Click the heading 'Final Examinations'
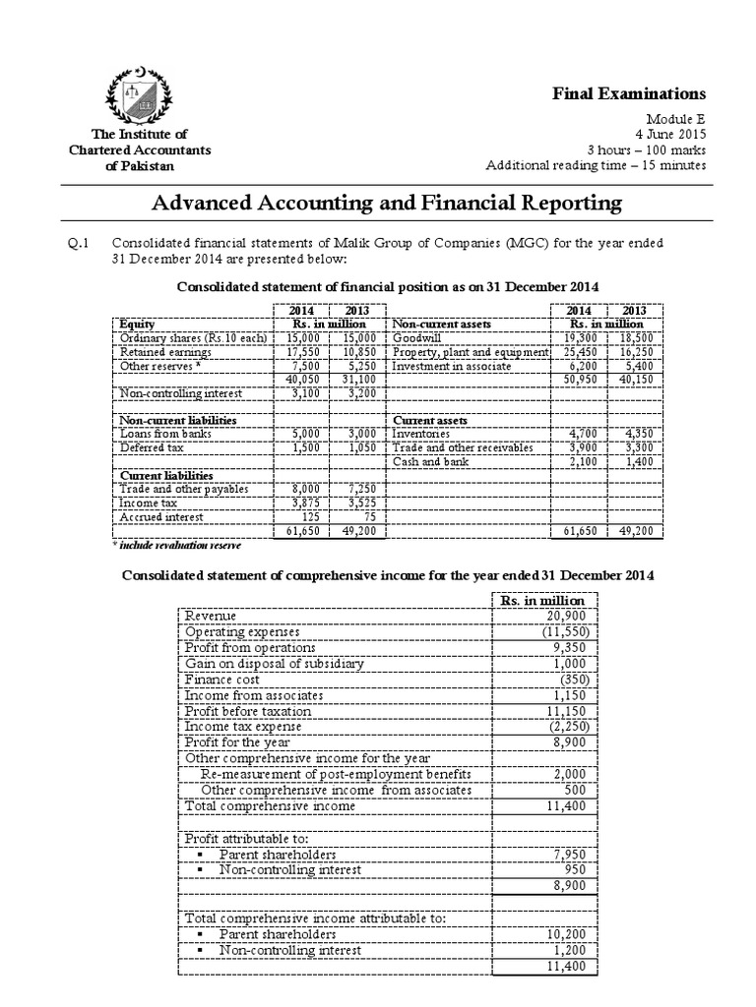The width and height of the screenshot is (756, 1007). [x=645, y=93]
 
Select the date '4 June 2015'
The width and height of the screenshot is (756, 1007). [x=671, y=133]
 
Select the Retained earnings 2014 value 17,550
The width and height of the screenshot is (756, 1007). [x=297, y=351]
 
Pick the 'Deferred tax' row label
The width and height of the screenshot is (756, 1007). [x=148, y=445]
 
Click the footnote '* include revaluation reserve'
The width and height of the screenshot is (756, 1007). [x=173, y=543]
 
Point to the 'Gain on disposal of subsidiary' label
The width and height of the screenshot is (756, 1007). [x=275, y=663]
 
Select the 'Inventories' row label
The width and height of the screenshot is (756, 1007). [x=421, y=432]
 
